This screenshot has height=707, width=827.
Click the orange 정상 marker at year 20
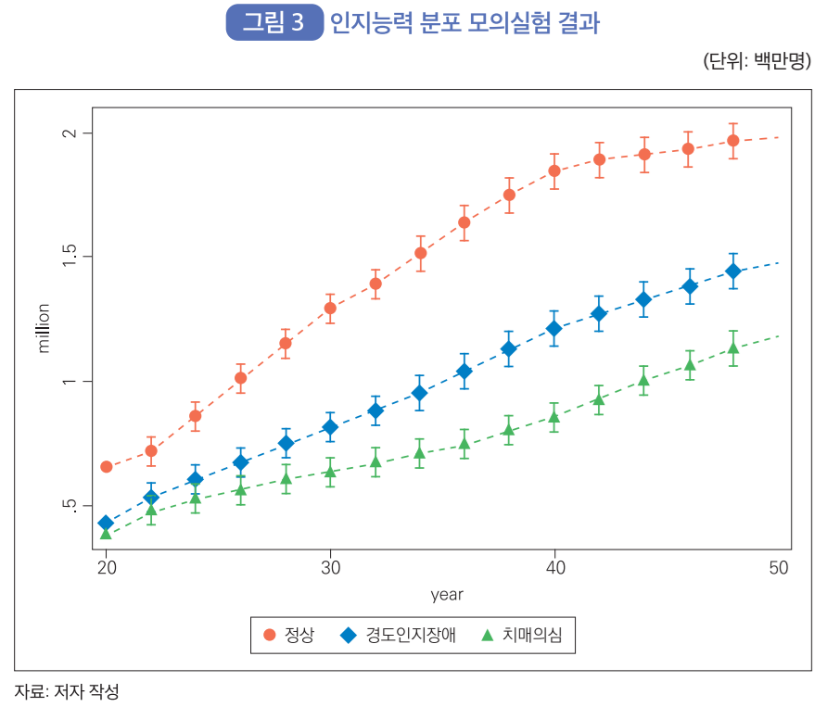[x=107, y=466]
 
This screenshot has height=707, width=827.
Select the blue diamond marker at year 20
[x=106, y=524]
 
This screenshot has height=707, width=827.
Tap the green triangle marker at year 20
[x=106, y=534]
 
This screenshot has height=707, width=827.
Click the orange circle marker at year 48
[x=733, y=141]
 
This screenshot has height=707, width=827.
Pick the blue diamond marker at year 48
[x=733, y=271]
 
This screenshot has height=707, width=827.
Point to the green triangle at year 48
[x=733, y=348]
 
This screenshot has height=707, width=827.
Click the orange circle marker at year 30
[x=330, y=308]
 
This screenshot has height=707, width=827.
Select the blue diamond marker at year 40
[x=554, y=328]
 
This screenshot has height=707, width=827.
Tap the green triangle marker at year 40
[x=554, y=417]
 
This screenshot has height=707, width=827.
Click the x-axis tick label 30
[x=330, y=567]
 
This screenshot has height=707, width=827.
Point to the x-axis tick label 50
[x=778, y=567]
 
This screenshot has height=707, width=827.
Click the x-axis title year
[x=447, y=595]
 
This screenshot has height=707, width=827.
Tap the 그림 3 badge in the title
[x=274, y=23]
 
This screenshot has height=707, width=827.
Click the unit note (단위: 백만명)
[x=758, y=61]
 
